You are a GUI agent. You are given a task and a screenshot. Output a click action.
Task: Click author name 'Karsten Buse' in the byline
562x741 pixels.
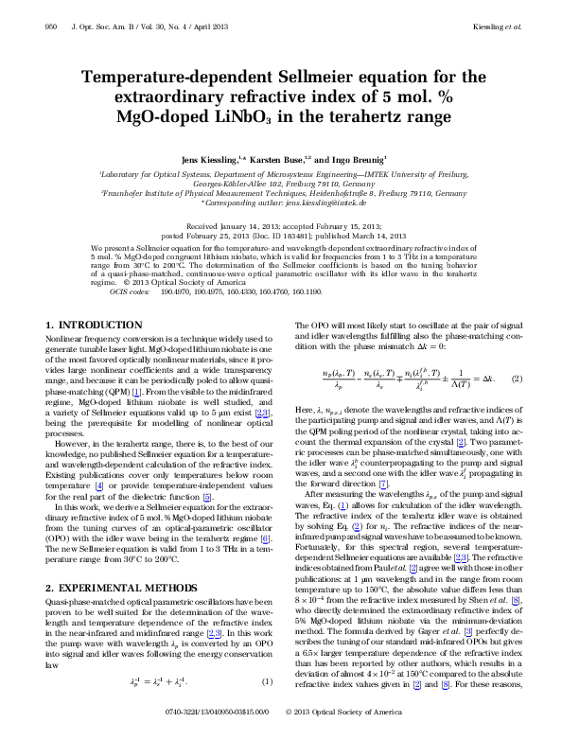tap(276, 161)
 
